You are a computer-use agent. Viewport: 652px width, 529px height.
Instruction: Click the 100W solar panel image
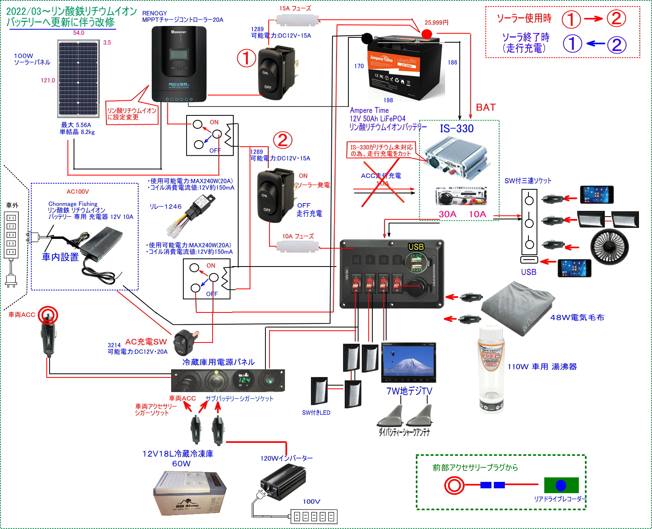78,78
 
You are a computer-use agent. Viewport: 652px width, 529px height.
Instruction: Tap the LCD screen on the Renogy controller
178,55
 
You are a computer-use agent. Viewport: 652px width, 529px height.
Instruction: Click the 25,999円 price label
436,23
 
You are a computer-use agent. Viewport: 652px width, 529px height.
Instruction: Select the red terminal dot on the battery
426,34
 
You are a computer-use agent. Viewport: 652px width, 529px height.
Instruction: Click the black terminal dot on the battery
367,39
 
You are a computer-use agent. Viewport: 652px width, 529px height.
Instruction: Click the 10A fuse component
298,246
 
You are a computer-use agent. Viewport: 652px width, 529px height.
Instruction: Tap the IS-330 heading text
456,129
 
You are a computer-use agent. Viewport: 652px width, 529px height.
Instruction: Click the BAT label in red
486,108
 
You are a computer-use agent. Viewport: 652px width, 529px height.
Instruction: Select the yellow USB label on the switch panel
416,247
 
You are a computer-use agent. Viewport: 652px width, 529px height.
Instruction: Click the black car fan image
609,246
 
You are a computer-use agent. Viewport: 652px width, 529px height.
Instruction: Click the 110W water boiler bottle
491,370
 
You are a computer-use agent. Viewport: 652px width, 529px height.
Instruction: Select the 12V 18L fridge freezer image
189,493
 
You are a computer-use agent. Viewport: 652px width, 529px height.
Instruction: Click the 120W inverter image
283,482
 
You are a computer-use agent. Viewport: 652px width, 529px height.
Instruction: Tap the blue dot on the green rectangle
561,485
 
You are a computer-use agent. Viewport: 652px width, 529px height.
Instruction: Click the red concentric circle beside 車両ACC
48,315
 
